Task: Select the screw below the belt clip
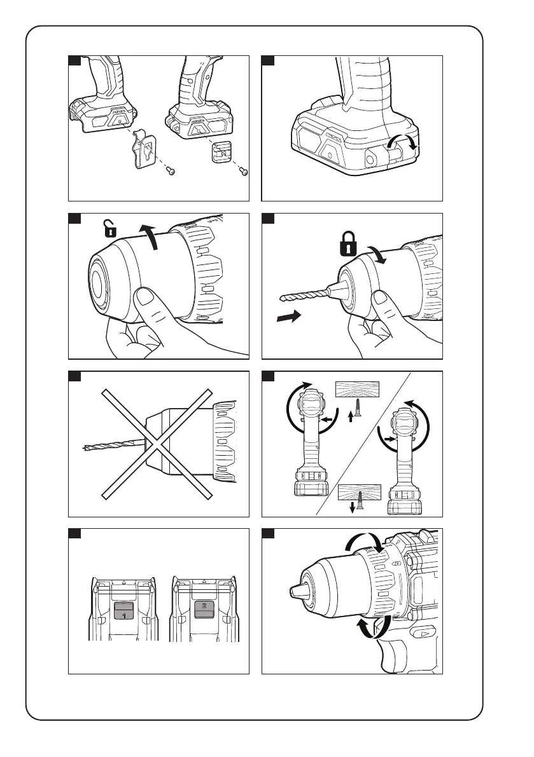pos(171,170)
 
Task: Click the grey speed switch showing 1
pos(123,612)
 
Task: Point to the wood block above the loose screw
pos(356,388)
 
